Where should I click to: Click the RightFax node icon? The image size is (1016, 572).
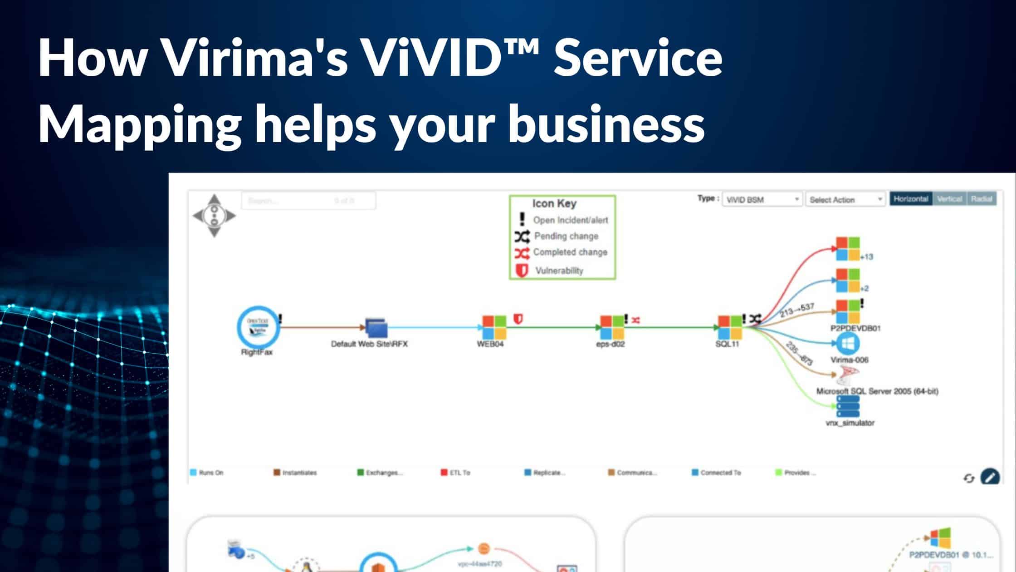click(x=258, y=327)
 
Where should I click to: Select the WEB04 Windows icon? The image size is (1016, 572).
click(x=494, y=327)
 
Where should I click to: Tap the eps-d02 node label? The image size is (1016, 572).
click(x=611, y=344)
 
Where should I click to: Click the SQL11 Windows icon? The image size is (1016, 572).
click(x=729, y=327)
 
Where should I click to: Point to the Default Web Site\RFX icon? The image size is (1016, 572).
click(x=376, y=328)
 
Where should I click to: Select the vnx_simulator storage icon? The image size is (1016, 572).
click(x=848, y=406)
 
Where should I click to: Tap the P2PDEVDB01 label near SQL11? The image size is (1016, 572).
click(x=855, y=328)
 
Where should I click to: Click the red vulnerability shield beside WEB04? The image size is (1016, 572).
click(x=518, y=319)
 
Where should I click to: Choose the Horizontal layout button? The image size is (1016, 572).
click(x=911, y=199)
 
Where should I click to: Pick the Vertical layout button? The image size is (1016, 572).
click(x=949, y=199)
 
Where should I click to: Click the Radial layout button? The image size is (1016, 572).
click(x=982, y=199)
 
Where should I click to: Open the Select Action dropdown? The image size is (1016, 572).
click(x=845, y=200)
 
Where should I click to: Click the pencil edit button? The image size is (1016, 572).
click(x=990, y=477)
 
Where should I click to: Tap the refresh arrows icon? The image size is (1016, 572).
click(x=969, y=478)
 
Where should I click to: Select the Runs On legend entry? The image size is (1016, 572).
click(x=207, y=473)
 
